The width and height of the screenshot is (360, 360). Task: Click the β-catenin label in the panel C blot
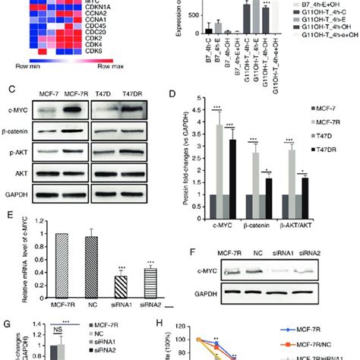click(24, 134)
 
